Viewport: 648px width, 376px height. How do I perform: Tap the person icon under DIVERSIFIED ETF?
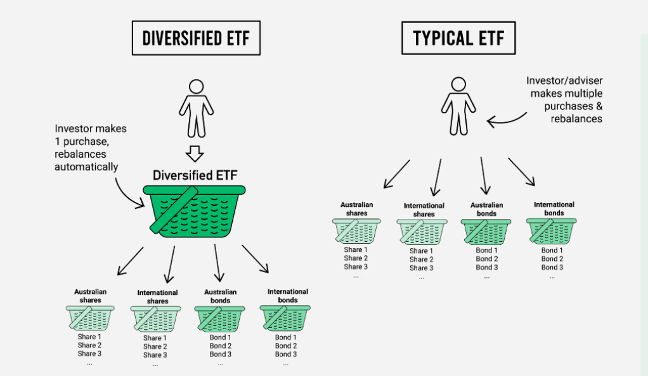pos(197,108)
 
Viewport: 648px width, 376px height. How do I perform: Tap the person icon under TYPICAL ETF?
pos(458,106)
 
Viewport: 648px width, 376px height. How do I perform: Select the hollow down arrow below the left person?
pos(195,154)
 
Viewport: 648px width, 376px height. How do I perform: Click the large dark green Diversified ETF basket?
pos(194,211)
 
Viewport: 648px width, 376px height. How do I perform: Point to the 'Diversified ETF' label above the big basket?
pos(195,175)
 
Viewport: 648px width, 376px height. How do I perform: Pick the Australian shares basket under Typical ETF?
pos(356,230)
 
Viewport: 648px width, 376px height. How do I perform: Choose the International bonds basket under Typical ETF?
pos(551,230)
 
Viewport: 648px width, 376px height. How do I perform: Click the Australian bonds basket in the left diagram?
pos(219,318)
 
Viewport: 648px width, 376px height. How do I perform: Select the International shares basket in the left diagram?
pos(155,318)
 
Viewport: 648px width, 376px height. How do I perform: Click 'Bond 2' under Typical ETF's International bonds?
pos(552,259)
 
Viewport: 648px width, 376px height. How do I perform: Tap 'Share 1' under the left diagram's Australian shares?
pos(89,337)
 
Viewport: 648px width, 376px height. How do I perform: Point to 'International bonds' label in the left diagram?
pos(288,296)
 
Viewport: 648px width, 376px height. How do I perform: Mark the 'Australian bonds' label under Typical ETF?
pos(486,210)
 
